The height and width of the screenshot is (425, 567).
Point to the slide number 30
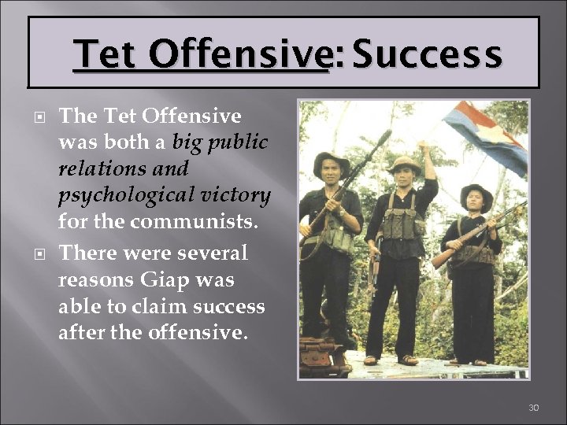click(533, 407)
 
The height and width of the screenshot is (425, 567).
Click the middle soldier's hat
click(404, 163)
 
